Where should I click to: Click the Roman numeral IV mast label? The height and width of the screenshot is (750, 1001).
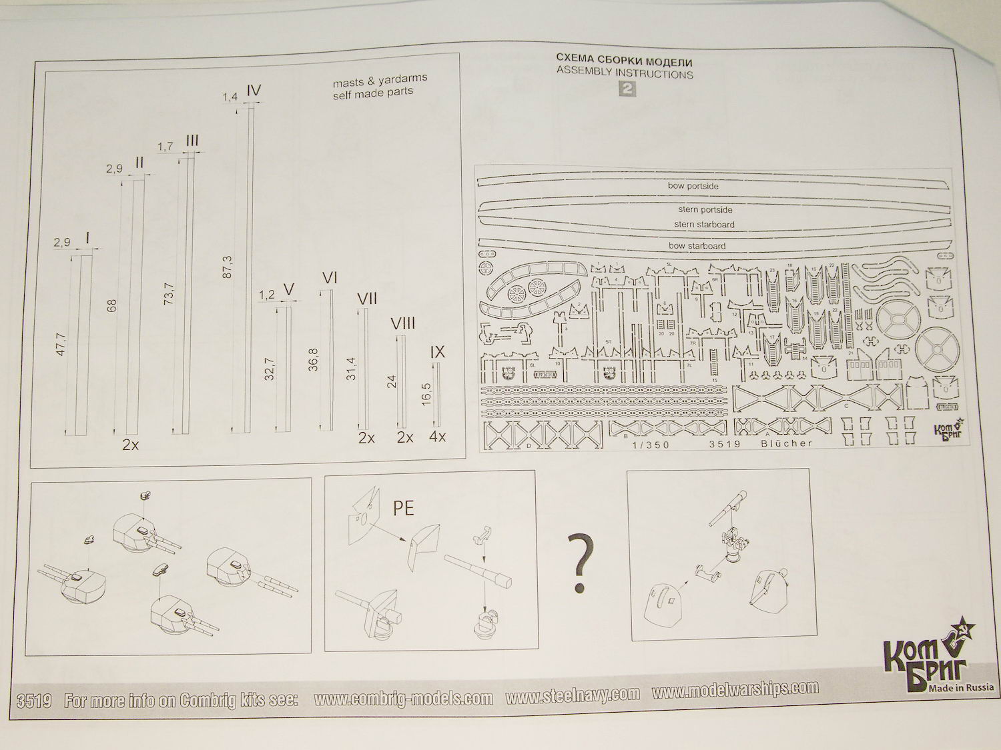253,91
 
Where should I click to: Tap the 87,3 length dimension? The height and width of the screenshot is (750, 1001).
227,266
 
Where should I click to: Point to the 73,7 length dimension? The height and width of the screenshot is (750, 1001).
168,293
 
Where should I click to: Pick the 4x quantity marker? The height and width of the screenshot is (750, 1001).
438,437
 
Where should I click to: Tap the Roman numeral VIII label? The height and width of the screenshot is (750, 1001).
402,324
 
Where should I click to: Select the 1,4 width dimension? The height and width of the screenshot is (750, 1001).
230,97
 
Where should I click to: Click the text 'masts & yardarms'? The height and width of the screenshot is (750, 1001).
380,81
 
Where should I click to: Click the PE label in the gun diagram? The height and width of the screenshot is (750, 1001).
403,508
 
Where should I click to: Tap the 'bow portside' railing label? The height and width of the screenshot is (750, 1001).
693,186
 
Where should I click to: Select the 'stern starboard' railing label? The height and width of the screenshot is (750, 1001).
704,225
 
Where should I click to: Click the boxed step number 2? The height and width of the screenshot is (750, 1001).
627,89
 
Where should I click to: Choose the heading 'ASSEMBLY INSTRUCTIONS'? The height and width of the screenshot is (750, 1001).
625,73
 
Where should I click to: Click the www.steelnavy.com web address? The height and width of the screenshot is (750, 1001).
572,695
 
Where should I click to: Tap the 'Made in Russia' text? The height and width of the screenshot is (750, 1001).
960,687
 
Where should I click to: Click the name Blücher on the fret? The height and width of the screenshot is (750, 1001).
787,443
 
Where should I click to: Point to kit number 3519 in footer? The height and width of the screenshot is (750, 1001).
34,701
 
